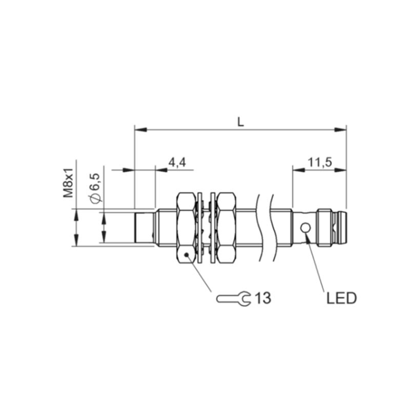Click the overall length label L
click(240, 121)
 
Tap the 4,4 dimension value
click(177, 162)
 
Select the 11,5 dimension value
click(319, 162)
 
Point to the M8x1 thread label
click(69, 182)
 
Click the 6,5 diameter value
click(95, 182)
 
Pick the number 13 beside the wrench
click(263, 298)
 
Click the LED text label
click(341, 298)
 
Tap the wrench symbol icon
click(234, 298)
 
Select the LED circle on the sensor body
click(305, 228)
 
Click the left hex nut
click(186, 228)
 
